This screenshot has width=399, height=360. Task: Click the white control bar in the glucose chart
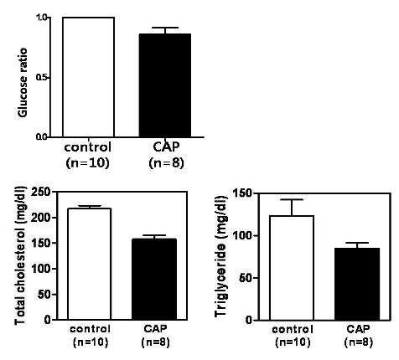tap(88, 77)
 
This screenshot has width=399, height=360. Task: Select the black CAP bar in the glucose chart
tap(165, 85)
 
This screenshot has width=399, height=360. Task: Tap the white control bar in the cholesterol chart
tap(90, 264)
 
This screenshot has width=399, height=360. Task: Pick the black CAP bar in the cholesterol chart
tap(154, 279)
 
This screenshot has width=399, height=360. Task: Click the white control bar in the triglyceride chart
tap(292, 268)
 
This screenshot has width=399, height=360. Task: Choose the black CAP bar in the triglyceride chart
tap(357, 284)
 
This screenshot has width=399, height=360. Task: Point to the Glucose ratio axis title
tap(23, 83)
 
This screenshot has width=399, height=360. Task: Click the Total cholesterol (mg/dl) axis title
tap(20, 255)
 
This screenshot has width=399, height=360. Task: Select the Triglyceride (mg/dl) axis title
tap(221, 255)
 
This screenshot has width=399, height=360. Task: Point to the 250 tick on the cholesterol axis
tap(41, 192)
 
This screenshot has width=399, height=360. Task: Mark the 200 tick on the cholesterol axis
tap(41, 218)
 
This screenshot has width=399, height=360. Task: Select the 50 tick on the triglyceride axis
tap(246, 278)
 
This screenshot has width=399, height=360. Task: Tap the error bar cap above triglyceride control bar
tap(292, 199)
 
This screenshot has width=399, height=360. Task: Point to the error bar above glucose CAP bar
tap(165, 30)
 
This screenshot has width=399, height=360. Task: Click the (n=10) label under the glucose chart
tap(87, 163)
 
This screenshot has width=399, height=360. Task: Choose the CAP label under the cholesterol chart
tap(155, 328)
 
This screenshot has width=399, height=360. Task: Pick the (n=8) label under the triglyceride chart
tap(359, 342)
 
